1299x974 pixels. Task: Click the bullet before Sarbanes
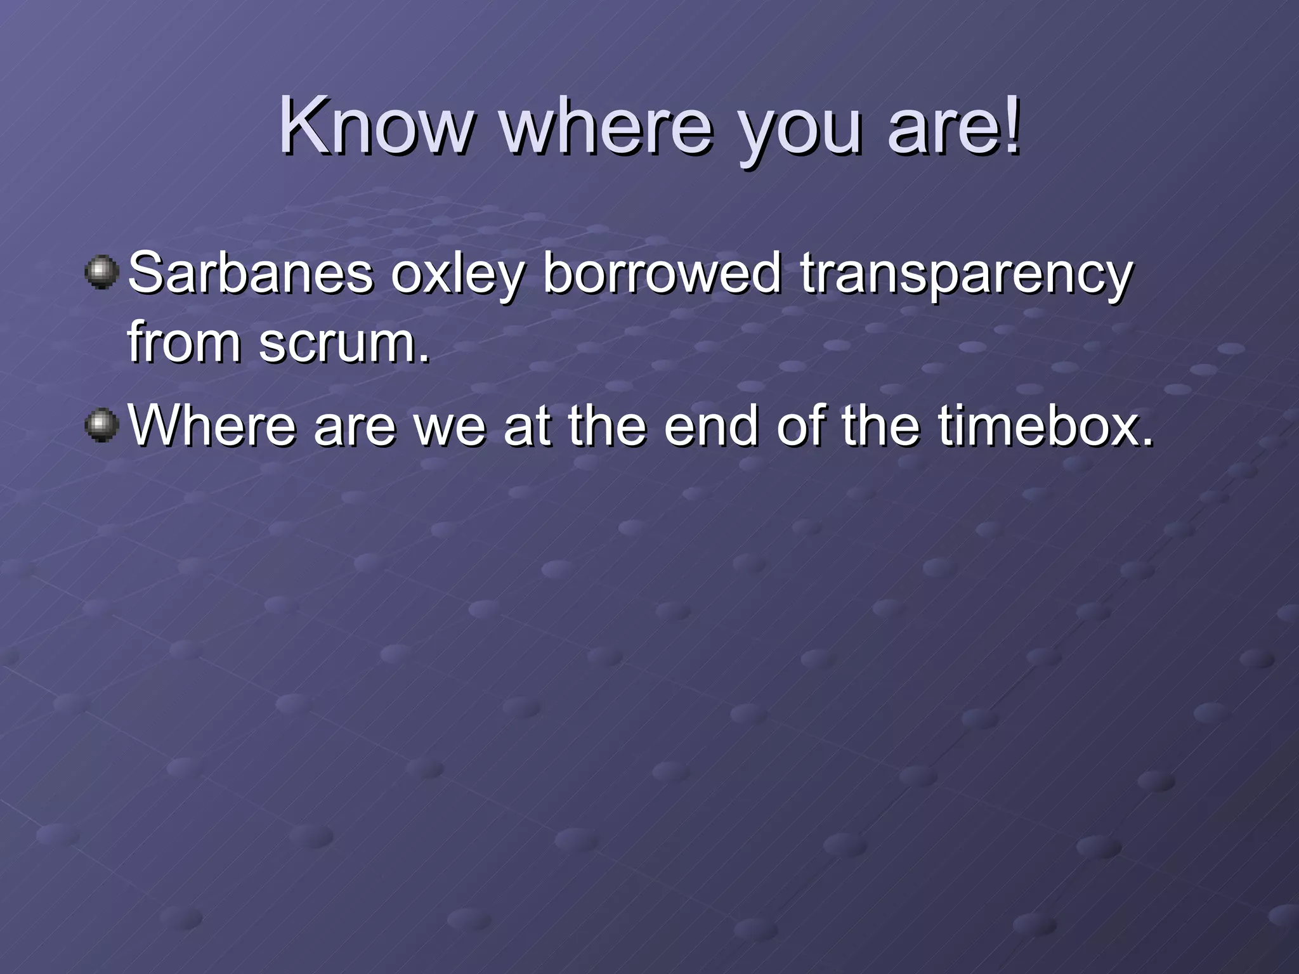pyautogui.click(x=101, y=273)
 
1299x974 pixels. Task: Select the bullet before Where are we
pyautogui.click(x=101, y=425)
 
